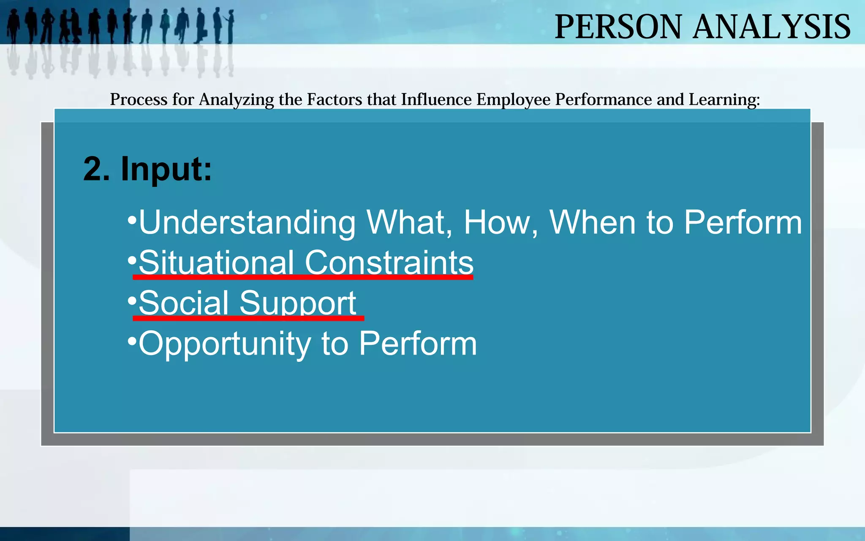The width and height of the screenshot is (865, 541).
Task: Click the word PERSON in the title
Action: click(618, 27)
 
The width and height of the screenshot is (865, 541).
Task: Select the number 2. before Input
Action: click(97, 169)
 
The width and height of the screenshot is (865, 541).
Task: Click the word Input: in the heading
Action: click(166, 169)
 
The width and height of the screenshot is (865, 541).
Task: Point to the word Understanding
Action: click(247, 223)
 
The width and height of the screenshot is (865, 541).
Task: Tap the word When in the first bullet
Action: click(592, 223)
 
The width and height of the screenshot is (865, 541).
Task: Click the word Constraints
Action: click(389, 262)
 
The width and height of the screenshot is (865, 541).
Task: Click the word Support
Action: click(298, 303)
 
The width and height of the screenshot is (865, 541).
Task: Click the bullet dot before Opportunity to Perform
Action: click(132, 340)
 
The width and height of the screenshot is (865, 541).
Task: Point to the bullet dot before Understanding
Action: click(132, 219)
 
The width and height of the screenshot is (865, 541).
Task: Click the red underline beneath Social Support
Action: click(248, 318)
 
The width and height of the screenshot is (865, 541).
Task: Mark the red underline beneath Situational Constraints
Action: click(303, 277)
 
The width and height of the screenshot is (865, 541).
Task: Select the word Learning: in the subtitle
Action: click(724, 100)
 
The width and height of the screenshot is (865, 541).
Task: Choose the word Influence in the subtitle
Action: click(436, 100)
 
